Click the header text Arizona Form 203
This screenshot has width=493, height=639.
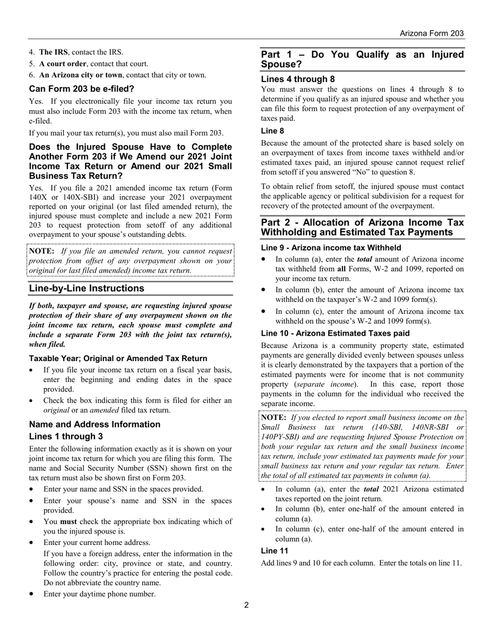point(431,33)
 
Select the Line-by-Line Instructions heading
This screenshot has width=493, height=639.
point(87,288)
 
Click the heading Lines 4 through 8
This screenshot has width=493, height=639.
point(298,79)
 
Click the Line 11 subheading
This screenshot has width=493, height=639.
point(275,551)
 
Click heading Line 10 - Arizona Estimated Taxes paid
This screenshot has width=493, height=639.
point(335,334)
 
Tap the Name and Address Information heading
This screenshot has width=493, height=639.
point(94,424)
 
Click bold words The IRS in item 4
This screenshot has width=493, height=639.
point(53,52)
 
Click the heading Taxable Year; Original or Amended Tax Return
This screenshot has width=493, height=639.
point(118,358)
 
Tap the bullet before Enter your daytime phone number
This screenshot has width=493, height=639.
point(33,594)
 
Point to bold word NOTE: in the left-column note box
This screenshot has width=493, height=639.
point(42,251)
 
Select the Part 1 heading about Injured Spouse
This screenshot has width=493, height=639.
point(362,59)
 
